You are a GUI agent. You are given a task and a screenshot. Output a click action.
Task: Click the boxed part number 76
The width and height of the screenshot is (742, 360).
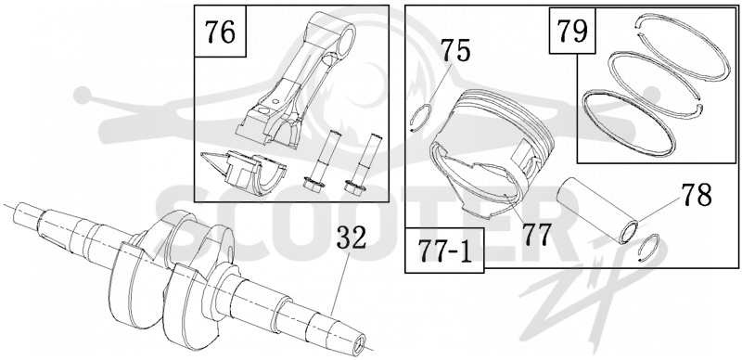[x=220, y=32]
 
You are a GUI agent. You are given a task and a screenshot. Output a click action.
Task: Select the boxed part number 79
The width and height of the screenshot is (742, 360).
[x=572, y=31]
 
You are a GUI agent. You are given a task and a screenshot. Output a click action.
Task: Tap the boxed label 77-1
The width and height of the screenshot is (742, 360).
[x=445, y=251]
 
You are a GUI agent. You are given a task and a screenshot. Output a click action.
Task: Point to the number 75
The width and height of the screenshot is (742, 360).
[x=455, y=51]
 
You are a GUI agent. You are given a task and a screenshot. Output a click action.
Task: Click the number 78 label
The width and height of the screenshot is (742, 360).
[x=697, y=195]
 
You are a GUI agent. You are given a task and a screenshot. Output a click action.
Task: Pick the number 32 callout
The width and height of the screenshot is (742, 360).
[x=352, y=238]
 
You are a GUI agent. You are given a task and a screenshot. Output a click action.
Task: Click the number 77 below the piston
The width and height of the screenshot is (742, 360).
[x=536, y=235]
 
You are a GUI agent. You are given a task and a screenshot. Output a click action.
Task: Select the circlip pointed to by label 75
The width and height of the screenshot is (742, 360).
[x=420, y=118]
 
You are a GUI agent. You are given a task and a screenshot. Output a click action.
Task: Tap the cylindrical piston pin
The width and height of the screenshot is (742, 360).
[x=597, y=210]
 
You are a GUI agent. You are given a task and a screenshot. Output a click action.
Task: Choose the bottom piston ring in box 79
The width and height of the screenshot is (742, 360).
[x=628, y=123]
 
